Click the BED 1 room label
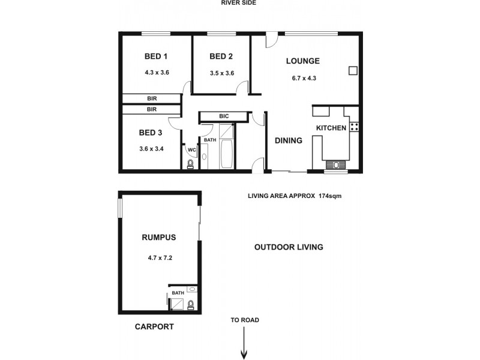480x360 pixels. pyautogui.click(x=156, y=57)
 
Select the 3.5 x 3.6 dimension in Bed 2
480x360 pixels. pyautogui.click(x=221, y=73)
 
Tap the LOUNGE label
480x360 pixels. pyautogui.click(x=302, y=61)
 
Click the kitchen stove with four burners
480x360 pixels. pyautogui.click(x=354, y=127)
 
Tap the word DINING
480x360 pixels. pyautogui.click(x=288, y=140)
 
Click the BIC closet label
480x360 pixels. pyautogui.click(x=223, y=116)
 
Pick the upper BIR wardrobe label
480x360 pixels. pyautogui.click(x=152, y=98)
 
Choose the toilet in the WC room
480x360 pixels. pyautogui.click(x=190, y=164)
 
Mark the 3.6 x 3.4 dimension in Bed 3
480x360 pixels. pyautogui.click(x=151, y=149)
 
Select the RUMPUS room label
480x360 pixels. pyautogui.click(x=159, y=238)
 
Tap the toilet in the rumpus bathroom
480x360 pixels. pyautogui.click(x=191, y=305)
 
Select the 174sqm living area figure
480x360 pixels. pyautogui.click(x=329, y=196)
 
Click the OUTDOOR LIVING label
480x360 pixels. pyautogui.click(x=289, y=247)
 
